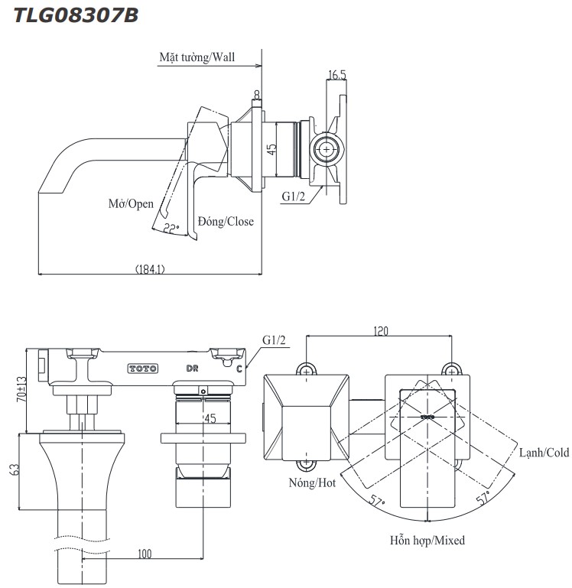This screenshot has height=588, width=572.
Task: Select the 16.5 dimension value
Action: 337,75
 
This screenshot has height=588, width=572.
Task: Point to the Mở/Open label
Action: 131,204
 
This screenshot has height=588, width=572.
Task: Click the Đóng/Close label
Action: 226,222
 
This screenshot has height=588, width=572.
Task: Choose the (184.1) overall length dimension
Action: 150,268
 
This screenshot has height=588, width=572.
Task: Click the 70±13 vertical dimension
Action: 22,388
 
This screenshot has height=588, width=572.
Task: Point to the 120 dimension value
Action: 380,331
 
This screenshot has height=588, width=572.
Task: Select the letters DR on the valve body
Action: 193,369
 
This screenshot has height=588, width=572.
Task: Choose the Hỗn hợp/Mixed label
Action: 427,540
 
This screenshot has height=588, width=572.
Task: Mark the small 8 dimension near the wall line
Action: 256,93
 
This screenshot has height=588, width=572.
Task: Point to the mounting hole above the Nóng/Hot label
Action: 307,463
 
